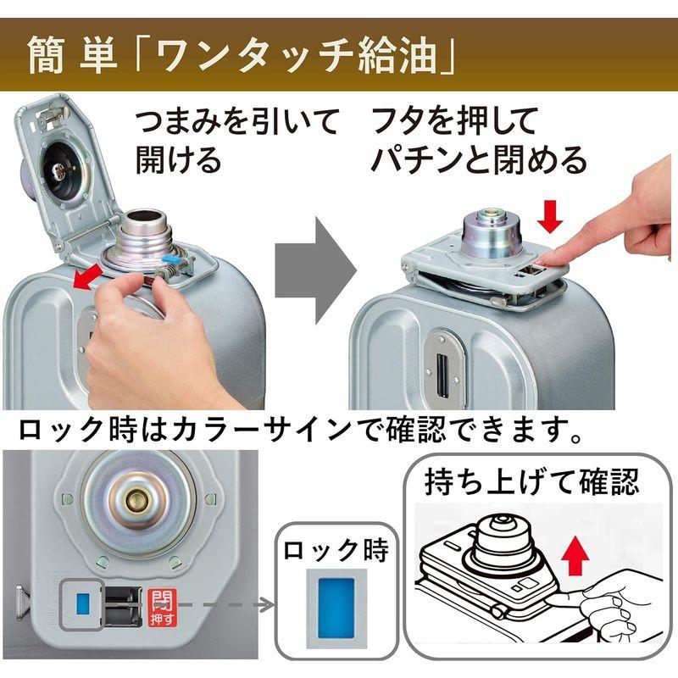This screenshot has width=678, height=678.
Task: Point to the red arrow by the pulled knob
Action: pyautogui.click(x=88, y=277)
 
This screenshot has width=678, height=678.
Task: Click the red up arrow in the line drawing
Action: pyautogui.click(x=575, y=556)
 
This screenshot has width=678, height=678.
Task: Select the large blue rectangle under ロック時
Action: pyautogui.click(x=336, y=609)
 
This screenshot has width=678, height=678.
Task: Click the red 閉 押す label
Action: pyautogui.click(x=162, y=607)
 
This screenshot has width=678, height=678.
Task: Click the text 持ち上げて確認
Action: pyautogui.click(x=532, y=481)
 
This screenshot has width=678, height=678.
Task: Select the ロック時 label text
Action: pyautogui.click(x=336, y=550)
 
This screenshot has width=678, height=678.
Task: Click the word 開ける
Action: pyautogui.click(x=178, y=160)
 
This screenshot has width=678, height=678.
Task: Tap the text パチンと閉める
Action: pyautogui.click(x=478, y=160)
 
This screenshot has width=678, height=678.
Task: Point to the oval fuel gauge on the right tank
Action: pyautogui.click(x=444, y=369)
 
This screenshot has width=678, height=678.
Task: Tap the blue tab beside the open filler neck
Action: pyautogui.click(x=169, y=259)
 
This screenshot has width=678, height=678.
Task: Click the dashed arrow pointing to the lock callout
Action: pyautogui.click(x=226, y=605)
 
